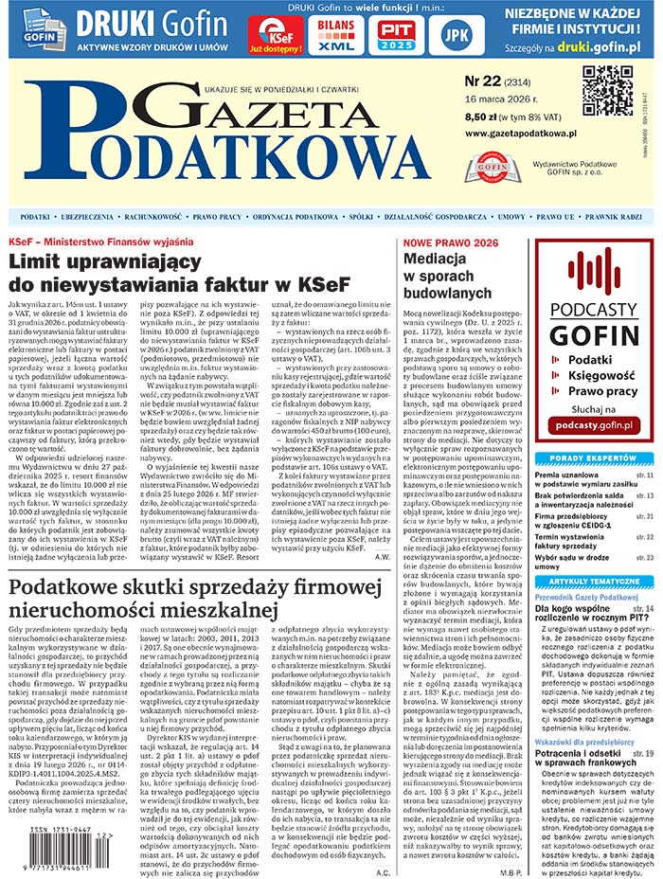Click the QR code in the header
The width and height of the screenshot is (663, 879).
pyautogui.click(x=606, y=91)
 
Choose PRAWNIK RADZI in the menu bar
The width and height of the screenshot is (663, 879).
pyautogui.click(x=618, y=217)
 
